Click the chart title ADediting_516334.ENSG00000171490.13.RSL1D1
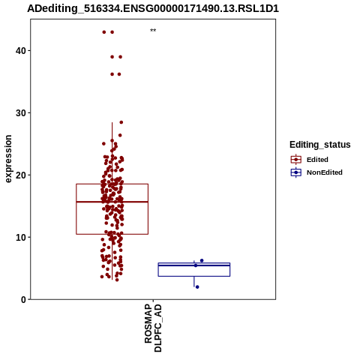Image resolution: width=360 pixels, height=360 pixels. [x=153, y=9]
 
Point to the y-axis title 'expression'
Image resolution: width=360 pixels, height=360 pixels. [x=8, y=159]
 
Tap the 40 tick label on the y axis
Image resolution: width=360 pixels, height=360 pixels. [x=21, y=51]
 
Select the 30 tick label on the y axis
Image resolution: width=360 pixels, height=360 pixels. [x=21, y=113]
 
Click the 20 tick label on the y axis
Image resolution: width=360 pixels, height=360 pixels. [x=21, y=175]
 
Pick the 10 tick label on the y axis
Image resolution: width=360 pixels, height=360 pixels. [x=21, y=237]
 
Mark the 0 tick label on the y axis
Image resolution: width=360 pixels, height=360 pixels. [x=23, y=299]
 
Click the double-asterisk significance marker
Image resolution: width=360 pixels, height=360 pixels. [x=153, y=31]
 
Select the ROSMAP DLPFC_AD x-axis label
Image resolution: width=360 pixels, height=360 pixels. [x=153, y=328]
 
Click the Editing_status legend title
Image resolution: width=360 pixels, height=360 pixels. [x=320, y=145]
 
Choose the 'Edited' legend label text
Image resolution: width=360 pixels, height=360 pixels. [x=317, y=160]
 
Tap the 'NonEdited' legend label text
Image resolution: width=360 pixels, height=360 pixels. [x=325, y=172]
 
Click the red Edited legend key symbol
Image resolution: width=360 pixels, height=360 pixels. [x=296, y=160]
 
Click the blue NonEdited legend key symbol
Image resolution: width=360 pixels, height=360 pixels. [x=296, y=172]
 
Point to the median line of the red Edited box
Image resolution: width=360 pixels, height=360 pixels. [x=112, y=202]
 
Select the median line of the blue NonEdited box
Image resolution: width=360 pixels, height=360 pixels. [x=194, y=265]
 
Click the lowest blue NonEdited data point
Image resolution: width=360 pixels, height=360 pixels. [x=197, y=287]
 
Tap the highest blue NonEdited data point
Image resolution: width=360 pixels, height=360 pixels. [x=202, y=260]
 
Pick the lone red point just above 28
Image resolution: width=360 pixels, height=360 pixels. [x=121, y=122]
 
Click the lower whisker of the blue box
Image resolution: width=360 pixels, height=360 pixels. [x=194, y=281]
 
